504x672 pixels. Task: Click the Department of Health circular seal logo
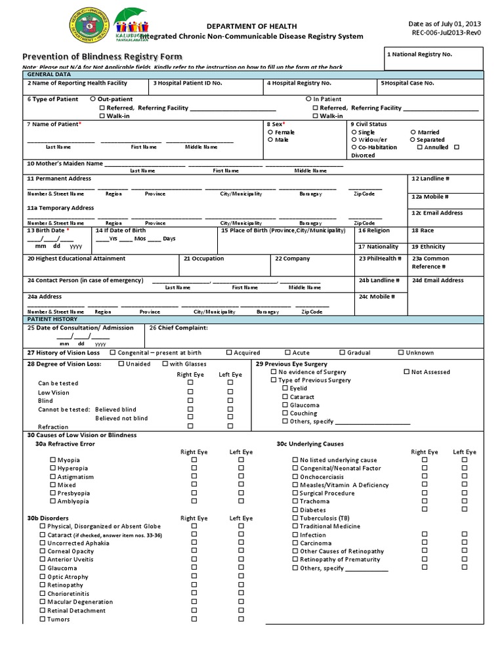[x=89, y=27]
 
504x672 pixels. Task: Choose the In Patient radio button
[x=308, y=98]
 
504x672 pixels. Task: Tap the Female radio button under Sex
[x=270, y=132]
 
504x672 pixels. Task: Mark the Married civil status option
[x=412, y=132]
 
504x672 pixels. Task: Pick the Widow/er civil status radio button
[x=354, y=140]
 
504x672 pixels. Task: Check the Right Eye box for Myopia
[x=194, y=460]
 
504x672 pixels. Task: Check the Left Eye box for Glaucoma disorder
[x=241, y=568]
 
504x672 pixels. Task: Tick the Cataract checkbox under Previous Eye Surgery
[x=285, y=397]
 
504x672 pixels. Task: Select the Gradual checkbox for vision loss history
[x=343, y=352]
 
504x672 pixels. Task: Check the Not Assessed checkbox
[x=406, y=372]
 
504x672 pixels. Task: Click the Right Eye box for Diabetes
[x=424, y=509]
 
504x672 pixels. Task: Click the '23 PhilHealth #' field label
[x=379, y=259]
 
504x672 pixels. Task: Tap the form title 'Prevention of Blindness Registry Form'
[x=102, y=57]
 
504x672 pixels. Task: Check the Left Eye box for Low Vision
[x=230, y=392]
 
